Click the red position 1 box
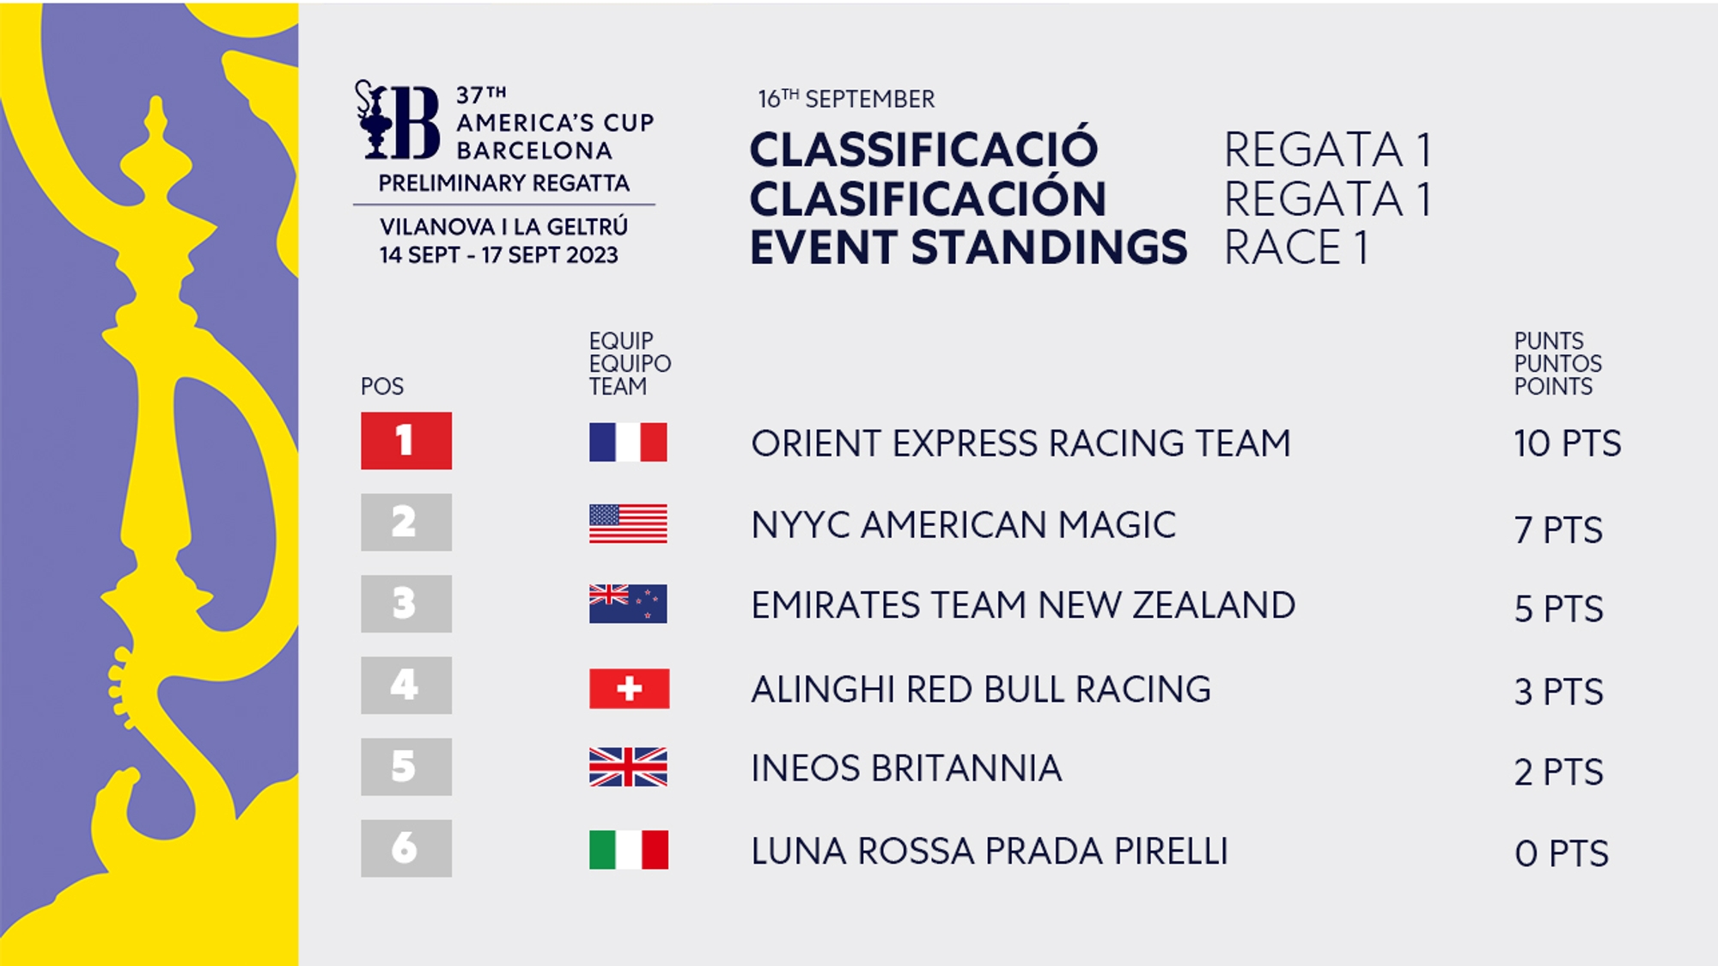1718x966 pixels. pyautogui.click(x=406, y=441)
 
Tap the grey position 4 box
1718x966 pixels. pyautogui.click(x=406, y=685)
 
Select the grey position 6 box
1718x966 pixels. pyautogui.click(x=406, y=848)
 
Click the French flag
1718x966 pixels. pyautogui.click(x=628, y=442)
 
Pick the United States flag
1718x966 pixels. pyautogui.click(x=628, y=523)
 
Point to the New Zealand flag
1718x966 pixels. pyautogui.click(x=628, y=603)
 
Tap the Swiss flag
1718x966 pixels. pyautogui.click(x=629, y=688)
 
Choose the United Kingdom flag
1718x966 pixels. pyautogui.click(x=628, y=767)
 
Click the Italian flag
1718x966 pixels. pyautogui.click(x=629, y=849)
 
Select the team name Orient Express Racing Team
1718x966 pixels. pyautogui.click(x=1020, y=443)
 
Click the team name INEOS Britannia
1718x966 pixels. pyautogui.click(x=906, y=768)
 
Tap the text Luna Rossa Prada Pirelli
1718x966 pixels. pyautogui.click(x=990, y=851)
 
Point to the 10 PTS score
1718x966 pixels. pyautogui.click(x=1568, y=443)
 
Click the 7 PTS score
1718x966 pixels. pyautogui.click(x=1559, y=529)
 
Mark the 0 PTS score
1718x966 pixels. pyautogui.click(x=1562, y=853)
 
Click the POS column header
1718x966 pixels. pyautogui.click(x=382, y=387)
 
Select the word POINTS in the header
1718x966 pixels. pyautogui.click(x=1553, y=387)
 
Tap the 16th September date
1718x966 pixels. pyautogui.click(x=846, y=99)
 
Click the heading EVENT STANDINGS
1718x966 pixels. pyautogui.click(x=969, y=248)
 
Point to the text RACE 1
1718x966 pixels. pyautogui.click(x=1296, y=248)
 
